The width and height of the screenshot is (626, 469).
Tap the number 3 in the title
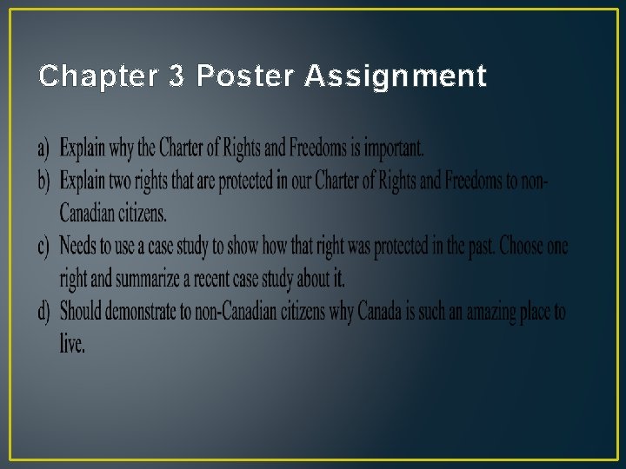(x=176, y=77)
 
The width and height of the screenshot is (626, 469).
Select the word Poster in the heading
(x=244, y=77)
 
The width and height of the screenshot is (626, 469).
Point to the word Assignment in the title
(x=396, y=77)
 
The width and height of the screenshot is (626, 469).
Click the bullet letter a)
(x=43, y=149)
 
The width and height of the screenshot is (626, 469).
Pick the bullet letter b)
(x=43, y=181)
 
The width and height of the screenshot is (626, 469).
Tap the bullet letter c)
(x=43, y=247)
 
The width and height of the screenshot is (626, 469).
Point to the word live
(x=72, y=344)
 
